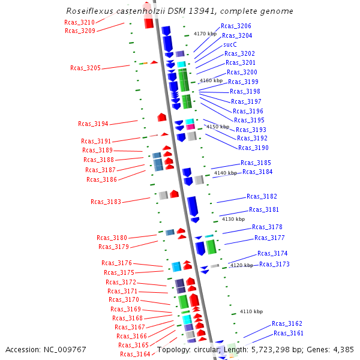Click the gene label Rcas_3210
79,22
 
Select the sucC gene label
230,44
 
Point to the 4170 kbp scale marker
205,34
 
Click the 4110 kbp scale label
251,311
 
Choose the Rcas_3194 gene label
93,124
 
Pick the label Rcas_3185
256,163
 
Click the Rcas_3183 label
106,202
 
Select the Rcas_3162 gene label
287,323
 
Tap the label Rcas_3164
135,354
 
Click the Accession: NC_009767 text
46,349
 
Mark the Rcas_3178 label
267,227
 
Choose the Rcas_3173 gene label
274,264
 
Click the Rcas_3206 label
236,26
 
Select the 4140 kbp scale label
226,173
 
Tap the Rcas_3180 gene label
112,238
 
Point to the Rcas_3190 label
253,148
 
